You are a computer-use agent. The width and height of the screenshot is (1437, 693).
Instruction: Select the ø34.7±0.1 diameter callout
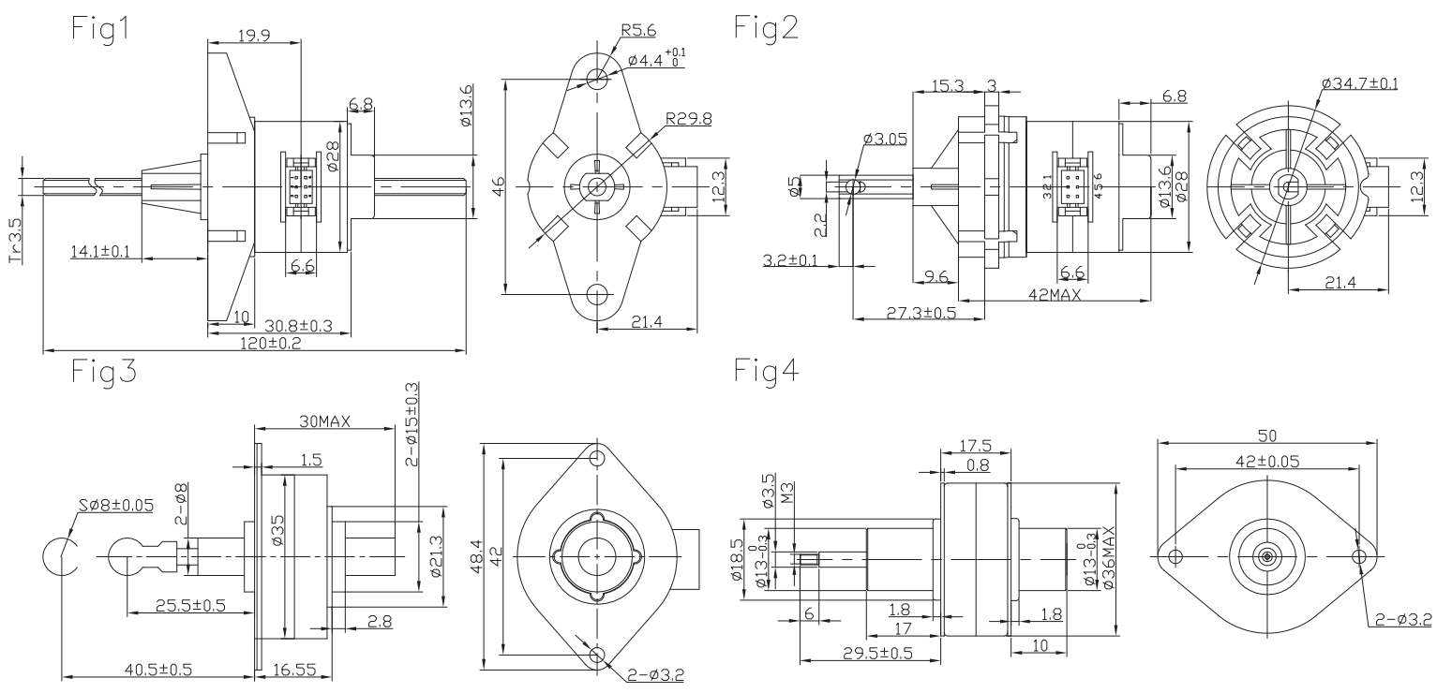(x=1359, y=83)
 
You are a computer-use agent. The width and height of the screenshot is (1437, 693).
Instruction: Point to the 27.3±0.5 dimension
(x=921, y=312)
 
